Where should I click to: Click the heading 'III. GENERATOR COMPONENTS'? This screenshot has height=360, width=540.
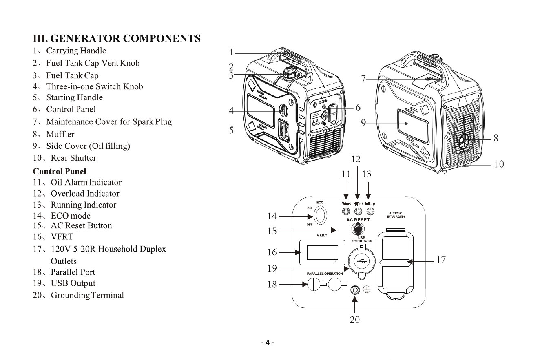coord(117,39)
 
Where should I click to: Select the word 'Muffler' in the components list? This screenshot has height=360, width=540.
coord(60,134)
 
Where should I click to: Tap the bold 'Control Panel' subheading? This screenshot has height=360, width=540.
coord(59,171)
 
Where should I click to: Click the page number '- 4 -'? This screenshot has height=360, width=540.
coord(268,342)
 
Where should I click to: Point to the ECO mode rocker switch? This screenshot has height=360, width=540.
coord(320,215)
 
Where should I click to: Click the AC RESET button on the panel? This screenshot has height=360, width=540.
coord(358,228)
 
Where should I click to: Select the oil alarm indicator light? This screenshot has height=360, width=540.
coord(346,212)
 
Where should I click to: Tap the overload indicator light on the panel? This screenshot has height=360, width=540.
coord(358,212)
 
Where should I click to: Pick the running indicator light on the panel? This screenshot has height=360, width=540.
coord(370,212)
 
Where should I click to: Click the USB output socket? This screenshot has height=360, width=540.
coord(361,261)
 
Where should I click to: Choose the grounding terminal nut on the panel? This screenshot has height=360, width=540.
coord(355,290)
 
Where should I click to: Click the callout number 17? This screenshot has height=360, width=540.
coord(441,260)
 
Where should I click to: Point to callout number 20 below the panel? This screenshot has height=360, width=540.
coord(354,320)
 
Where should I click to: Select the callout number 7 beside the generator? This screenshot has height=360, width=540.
coord(363,79)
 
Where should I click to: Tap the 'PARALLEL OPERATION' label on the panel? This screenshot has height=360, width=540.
coord(325,274)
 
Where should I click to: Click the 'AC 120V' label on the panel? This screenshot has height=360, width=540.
coord(395,213)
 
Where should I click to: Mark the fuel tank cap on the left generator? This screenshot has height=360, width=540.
coord(291,73)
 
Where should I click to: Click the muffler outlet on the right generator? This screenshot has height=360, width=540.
coord(463,141)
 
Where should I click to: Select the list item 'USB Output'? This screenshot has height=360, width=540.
coord(73,283)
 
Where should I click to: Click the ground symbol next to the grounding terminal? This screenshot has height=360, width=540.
coord(367,289)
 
